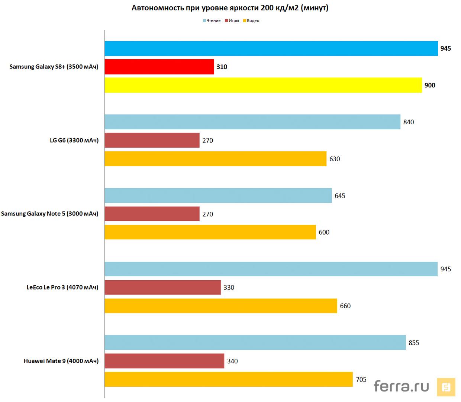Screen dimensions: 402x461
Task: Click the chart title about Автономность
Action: tap(230, 8)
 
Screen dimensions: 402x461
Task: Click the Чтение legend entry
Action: tap(212, 21)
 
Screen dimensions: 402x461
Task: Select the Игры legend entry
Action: tap(232, 21)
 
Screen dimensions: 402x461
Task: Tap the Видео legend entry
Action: tap(251, 21)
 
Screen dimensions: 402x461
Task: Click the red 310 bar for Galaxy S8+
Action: tap(159, 67)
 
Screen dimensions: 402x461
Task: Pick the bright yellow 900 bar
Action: tap(263, 85)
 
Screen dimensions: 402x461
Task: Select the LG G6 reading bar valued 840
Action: tap(252, 122)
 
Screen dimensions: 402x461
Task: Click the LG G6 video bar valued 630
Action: tap(215, 159)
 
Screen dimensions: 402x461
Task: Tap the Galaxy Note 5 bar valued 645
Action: tap(218, 195)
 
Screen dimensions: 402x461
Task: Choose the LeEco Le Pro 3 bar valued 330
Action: tap(162, 287)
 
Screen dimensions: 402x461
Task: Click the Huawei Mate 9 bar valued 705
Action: tap(228, 379)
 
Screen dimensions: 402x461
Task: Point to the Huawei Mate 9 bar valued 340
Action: tap(164, 361)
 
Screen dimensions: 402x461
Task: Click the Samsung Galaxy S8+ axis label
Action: tap(54, 67)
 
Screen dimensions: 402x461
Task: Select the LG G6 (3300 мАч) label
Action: tap(74, 140)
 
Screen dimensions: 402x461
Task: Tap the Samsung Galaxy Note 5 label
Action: tap(49, 214)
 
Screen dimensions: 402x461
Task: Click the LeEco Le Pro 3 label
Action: tap(62, 287)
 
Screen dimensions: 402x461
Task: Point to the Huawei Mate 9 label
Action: tap(61, 361)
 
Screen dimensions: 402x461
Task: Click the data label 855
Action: tap(414, 343)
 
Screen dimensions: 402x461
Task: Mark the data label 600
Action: tap(324, 232)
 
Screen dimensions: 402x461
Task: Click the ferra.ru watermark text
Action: tap(401, 386)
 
